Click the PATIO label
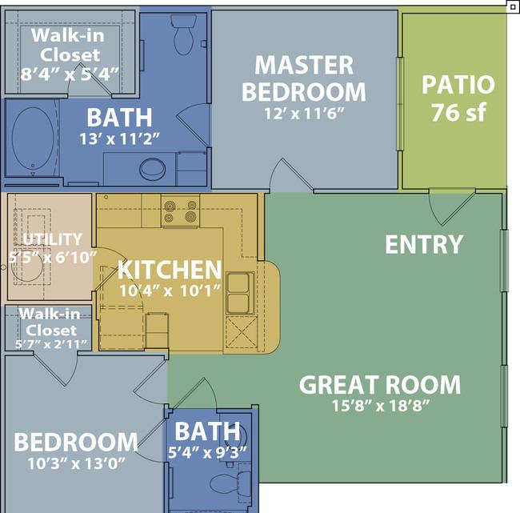(x=458, y=85)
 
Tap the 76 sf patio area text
(x=458, y=113)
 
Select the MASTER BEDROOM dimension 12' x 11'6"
(x=304, y=114)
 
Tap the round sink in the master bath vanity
(x=153, y=169)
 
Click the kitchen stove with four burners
(x=181, y=211)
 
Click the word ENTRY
(x=424, y=245)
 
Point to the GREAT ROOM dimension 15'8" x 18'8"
(x=381, y=406)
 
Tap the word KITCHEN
(x=170, y=270)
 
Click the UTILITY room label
(x=52, y=239)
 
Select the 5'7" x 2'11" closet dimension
(x=51, y=344)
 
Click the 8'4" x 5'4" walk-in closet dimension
(x=70, y=74)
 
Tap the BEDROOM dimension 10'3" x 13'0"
(x=76, y=463)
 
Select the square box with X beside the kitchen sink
(x=242, y=332)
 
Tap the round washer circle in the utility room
(x=27, y=267)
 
